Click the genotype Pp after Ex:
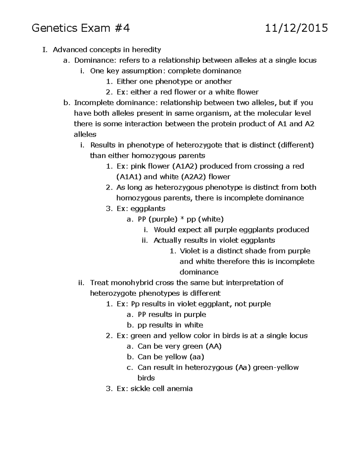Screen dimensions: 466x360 (135, 304)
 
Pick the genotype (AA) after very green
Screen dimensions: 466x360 (213, 346)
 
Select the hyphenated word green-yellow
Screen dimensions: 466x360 (276, 368)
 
